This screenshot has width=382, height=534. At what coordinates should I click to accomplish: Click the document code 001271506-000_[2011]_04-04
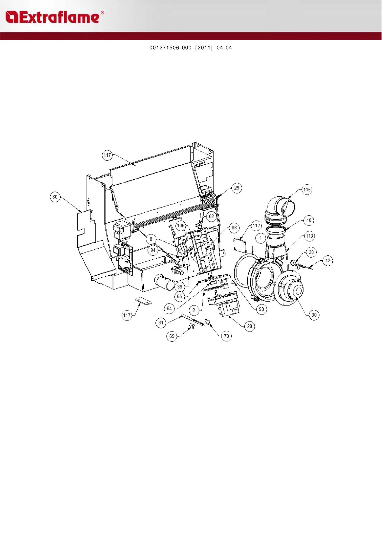[191, 48]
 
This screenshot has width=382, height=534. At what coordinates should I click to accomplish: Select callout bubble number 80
[55, 197]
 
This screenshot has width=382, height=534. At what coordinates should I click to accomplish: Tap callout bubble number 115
[307, 190]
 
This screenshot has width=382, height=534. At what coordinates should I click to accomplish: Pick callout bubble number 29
[237, 188]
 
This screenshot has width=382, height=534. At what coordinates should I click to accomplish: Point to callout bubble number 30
[314, 315]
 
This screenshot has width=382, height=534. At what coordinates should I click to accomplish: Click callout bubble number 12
[328, 261]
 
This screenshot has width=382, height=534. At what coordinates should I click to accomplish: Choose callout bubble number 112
[256, 226]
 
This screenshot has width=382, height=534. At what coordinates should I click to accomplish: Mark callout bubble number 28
[250, 326]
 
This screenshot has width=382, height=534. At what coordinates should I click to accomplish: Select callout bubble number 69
[172, 336]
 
